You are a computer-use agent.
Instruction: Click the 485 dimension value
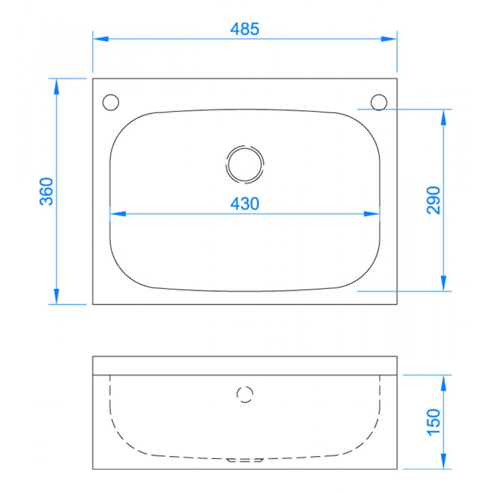(x=245, y=29)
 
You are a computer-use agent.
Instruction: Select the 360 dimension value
(x=47, y=191)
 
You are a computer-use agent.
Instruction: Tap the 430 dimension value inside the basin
(x=245, y=203)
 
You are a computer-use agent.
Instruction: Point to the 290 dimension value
(x=433, y=200)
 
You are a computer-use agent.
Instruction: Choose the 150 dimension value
(x=433, y=421)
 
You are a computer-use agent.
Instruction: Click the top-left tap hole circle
(x=111, y=102)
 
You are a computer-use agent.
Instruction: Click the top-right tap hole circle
(x=379, y=102)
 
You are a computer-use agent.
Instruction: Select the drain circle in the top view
(x=245, y=164)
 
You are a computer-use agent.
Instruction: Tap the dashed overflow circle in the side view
(x=245, y=395)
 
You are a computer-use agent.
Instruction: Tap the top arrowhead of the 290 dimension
(x=444, y=117)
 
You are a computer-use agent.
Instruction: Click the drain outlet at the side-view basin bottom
(x=245, y=460)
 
